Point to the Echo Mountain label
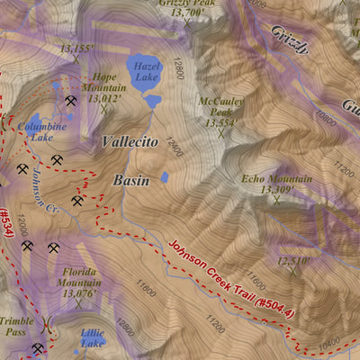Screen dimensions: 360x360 [267, 184]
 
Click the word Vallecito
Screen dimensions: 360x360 [130, 142]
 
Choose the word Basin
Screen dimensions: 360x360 [130, 180]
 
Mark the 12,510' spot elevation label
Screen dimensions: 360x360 [292, 261]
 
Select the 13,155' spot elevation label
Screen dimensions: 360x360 [77, 49]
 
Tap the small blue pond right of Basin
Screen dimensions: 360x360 [164, 178]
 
